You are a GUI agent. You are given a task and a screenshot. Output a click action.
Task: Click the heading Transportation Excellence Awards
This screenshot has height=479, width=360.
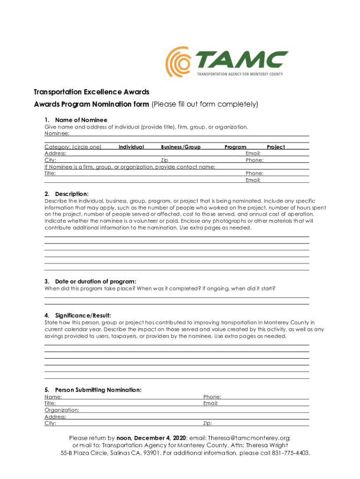[x=91, y=92]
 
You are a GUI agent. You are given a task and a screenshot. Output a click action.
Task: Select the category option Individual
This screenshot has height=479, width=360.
[x=131, y=147]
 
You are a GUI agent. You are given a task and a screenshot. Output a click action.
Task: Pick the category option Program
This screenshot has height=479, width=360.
[x=235, y=147]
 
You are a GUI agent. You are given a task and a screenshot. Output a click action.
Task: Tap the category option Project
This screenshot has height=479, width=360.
[x=276, y=147]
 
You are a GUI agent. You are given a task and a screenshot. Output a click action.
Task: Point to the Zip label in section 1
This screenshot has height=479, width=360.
[x=165, y=160]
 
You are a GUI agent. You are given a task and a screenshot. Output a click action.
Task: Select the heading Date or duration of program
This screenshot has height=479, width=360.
[x=95, y=281]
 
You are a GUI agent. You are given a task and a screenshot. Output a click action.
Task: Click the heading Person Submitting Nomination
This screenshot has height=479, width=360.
[x=98, y=390]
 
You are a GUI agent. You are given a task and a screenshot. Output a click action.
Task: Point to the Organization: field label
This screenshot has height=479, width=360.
[x=62, y=410]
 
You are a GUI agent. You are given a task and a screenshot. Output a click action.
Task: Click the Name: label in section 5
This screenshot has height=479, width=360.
[x=53, y=397]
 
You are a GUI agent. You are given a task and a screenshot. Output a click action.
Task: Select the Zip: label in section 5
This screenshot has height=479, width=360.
[x=208, y=423]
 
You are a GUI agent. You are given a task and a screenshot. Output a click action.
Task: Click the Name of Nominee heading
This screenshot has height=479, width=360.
[x=81, y=120]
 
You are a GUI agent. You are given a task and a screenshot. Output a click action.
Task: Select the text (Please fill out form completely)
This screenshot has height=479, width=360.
[x=205, y=104]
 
